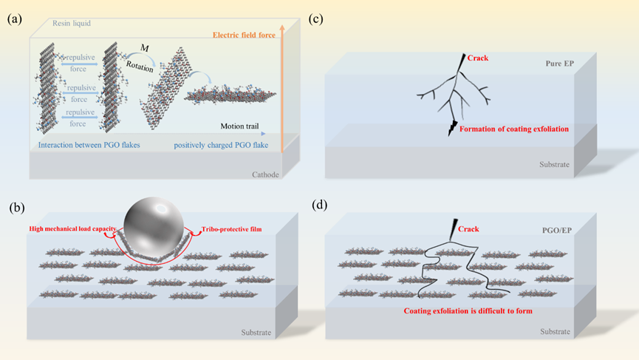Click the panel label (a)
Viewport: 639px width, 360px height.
pos(14,20)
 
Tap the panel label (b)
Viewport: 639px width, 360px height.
pos(14,207)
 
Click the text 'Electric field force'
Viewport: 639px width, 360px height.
pos(247,35)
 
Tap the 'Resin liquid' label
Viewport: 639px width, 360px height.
pos(73,24)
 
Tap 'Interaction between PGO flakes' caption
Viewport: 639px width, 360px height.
pos(90,144)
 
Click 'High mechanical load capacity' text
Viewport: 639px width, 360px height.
pos(71,228)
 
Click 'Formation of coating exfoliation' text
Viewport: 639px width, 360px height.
pos(514,129)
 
